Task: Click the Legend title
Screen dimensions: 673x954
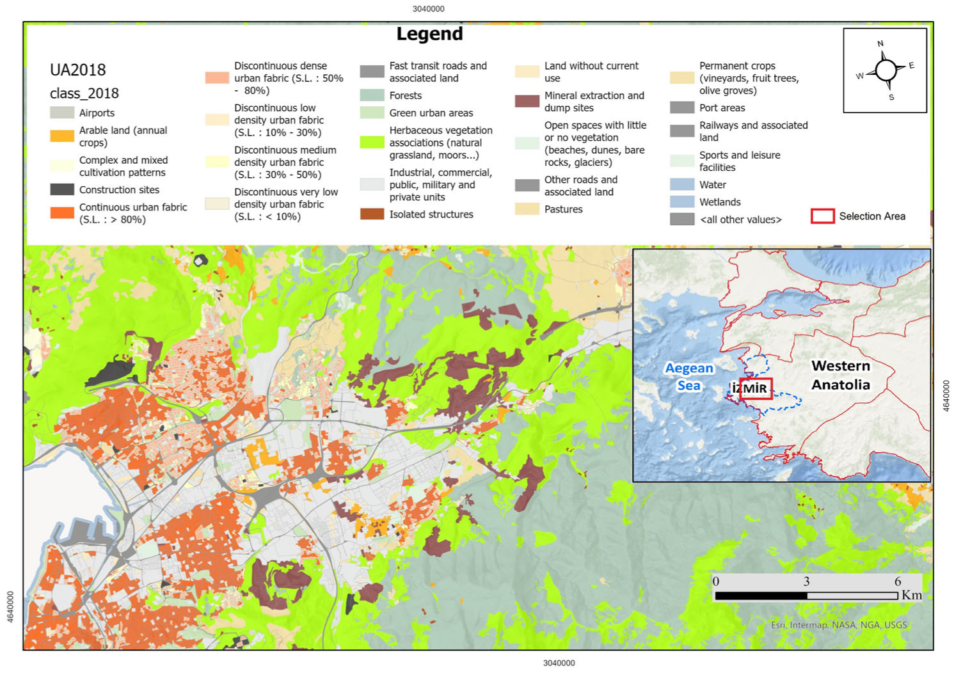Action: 429,34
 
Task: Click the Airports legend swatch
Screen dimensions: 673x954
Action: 62,113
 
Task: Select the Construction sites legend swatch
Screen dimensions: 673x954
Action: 62,189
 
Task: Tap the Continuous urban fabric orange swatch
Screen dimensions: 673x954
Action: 62,213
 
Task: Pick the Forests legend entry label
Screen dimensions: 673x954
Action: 405,95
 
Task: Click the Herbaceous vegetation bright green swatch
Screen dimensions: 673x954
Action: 372,142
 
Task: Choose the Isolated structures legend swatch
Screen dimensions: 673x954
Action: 372,214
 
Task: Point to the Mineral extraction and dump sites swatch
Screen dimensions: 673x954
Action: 527,101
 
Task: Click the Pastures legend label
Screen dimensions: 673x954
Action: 563,209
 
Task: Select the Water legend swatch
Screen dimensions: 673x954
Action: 682,184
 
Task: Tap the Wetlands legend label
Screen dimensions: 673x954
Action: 720,202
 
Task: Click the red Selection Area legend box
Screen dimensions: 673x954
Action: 822,216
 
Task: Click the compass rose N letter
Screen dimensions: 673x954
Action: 880,44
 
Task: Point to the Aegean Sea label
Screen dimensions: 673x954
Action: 688,377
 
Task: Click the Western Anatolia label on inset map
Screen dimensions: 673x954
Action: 840,375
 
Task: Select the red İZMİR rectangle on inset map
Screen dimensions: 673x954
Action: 756,389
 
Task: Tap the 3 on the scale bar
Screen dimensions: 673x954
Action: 806,582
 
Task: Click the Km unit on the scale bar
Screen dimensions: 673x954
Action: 912,595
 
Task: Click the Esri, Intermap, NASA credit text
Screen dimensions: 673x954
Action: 838,625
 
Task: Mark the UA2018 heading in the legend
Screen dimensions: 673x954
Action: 77,70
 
